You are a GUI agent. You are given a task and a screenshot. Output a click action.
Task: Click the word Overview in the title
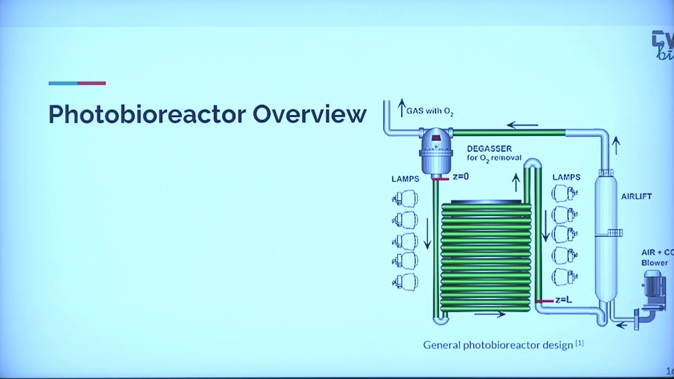click(310, 114)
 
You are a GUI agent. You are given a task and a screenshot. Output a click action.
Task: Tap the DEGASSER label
click(489, 149)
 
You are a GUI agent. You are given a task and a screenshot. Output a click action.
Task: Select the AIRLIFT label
click(636, 196)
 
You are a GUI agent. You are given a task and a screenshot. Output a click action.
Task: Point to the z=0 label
click(460, 177)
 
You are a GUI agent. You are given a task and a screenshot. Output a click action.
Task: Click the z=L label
click(563, 300)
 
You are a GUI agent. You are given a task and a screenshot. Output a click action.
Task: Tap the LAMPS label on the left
click(405, 179)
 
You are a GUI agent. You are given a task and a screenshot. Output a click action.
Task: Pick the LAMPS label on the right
click(566, 177)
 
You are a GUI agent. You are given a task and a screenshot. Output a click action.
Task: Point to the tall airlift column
click(605, 237)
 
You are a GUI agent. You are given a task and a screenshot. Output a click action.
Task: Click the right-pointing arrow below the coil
click(490, 315)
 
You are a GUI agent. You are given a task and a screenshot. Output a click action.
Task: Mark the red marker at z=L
click(544, 301)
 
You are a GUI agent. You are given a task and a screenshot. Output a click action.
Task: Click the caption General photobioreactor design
click(498, 345)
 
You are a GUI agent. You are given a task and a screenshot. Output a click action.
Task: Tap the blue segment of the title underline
click(63, 83)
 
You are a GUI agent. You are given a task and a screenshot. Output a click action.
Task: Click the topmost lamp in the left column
click(405, 198)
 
